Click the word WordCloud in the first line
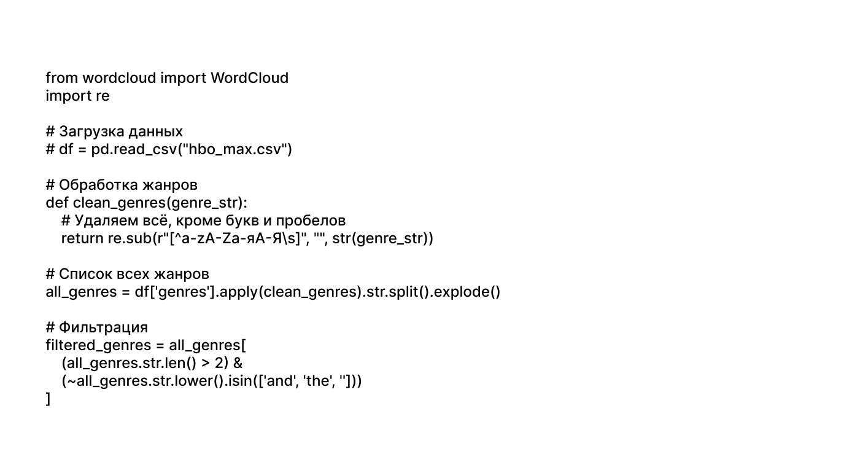click(x=250, y=78)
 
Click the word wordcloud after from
click(x=119, y=78)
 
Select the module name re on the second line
click(x=103, y=96)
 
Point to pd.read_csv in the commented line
click(x=134, y=150)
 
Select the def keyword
click(x=57, y=203)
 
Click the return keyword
click(x=82, y=238)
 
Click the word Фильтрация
click(x=103, y=327)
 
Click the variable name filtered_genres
click(x=98, y=345)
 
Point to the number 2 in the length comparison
click(x=219, y=363)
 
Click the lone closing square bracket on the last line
click(x=48, y=399)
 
